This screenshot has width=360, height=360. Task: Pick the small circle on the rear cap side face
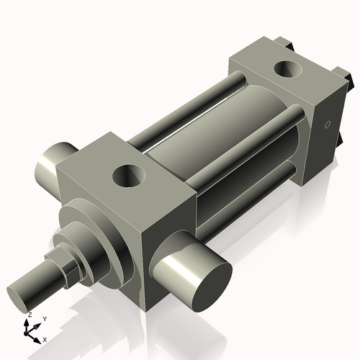pyautogui.click(x=328, y=125)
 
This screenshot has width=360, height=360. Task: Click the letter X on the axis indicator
pyautogui.click(x=45, y=338)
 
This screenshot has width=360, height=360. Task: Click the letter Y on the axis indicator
pyautogui.click(x=44, y=318)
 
